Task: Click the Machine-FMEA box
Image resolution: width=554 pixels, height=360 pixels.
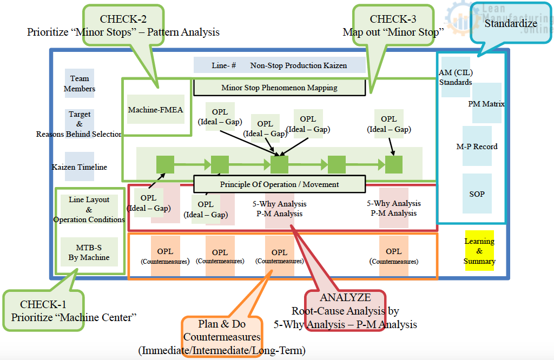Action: (155, 110)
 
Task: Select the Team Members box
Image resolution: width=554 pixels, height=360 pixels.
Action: (80, 83)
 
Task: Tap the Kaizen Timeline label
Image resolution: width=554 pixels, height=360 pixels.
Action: (80, 167)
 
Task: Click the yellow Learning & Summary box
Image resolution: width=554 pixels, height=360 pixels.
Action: (479, 251)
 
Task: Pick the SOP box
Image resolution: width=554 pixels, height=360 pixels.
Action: (477, 194)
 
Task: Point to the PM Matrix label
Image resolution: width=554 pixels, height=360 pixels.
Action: (486, 104)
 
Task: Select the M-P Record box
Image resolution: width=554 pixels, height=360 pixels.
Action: (477, 146)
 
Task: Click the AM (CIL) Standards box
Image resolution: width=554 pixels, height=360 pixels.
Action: (456, 77)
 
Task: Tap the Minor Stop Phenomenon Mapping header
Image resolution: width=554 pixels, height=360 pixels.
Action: (279, 88)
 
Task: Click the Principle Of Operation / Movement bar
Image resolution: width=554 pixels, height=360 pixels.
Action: (279, 184)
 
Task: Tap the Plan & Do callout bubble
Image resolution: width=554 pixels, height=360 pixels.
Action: (222, 331)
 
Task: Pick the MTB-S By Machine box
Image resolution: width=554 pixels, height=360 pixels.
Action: (89, 252)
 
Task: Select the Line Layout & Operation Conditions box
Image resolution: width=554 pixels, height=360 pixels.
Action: (89, 209)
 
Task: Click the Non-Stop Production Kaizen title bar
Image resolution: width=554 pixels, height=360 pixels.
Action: (279, 65)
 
